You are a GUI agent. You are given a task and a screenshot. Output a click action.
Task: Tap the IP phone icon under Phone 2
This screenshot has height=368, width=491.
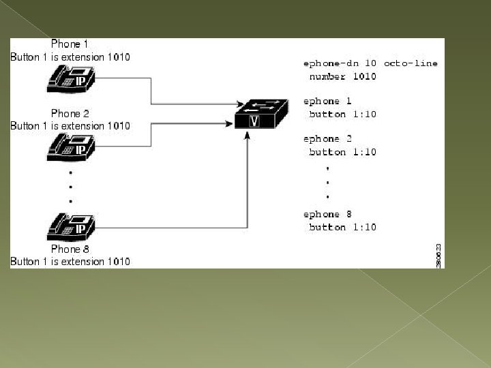coord(70,147)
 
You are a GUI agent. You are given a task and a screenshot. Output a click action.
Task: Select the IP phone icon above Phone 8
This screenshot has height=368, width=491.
coord(70,225)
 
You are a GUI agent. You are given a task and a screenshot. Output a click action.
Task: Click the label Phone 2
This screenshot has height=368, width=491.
coord(70,113)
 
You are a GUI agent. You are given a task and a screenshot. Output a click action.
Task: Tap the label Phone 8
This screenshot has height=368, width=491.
coord(70,249)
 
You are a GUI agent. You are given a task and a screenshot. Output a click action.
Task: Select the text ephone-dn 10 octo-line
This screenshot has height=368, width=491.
coord(370,63)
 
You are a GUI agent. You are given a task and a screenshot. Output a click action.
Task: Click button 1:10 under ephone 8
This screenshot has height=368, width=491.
coord(342,227)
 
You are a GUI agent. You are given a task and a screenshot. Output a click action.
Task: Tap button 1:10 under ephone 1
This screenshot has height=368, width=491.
coord(342,114)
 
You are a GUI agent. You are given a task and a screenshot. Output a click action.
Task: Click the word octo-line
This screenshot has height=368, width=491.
coord(411,63)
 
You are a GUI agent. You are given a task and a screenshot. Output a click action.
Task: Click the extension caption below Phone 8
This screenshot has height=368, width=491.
coord(70,262)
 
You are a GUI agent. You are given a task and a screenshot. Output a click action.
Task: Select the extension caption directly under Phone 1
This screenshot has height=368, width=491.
coord(70,57)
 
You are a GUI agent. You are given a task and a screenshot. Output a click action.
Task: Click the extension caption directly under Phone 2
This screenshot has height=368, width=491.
coord(70,125)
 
